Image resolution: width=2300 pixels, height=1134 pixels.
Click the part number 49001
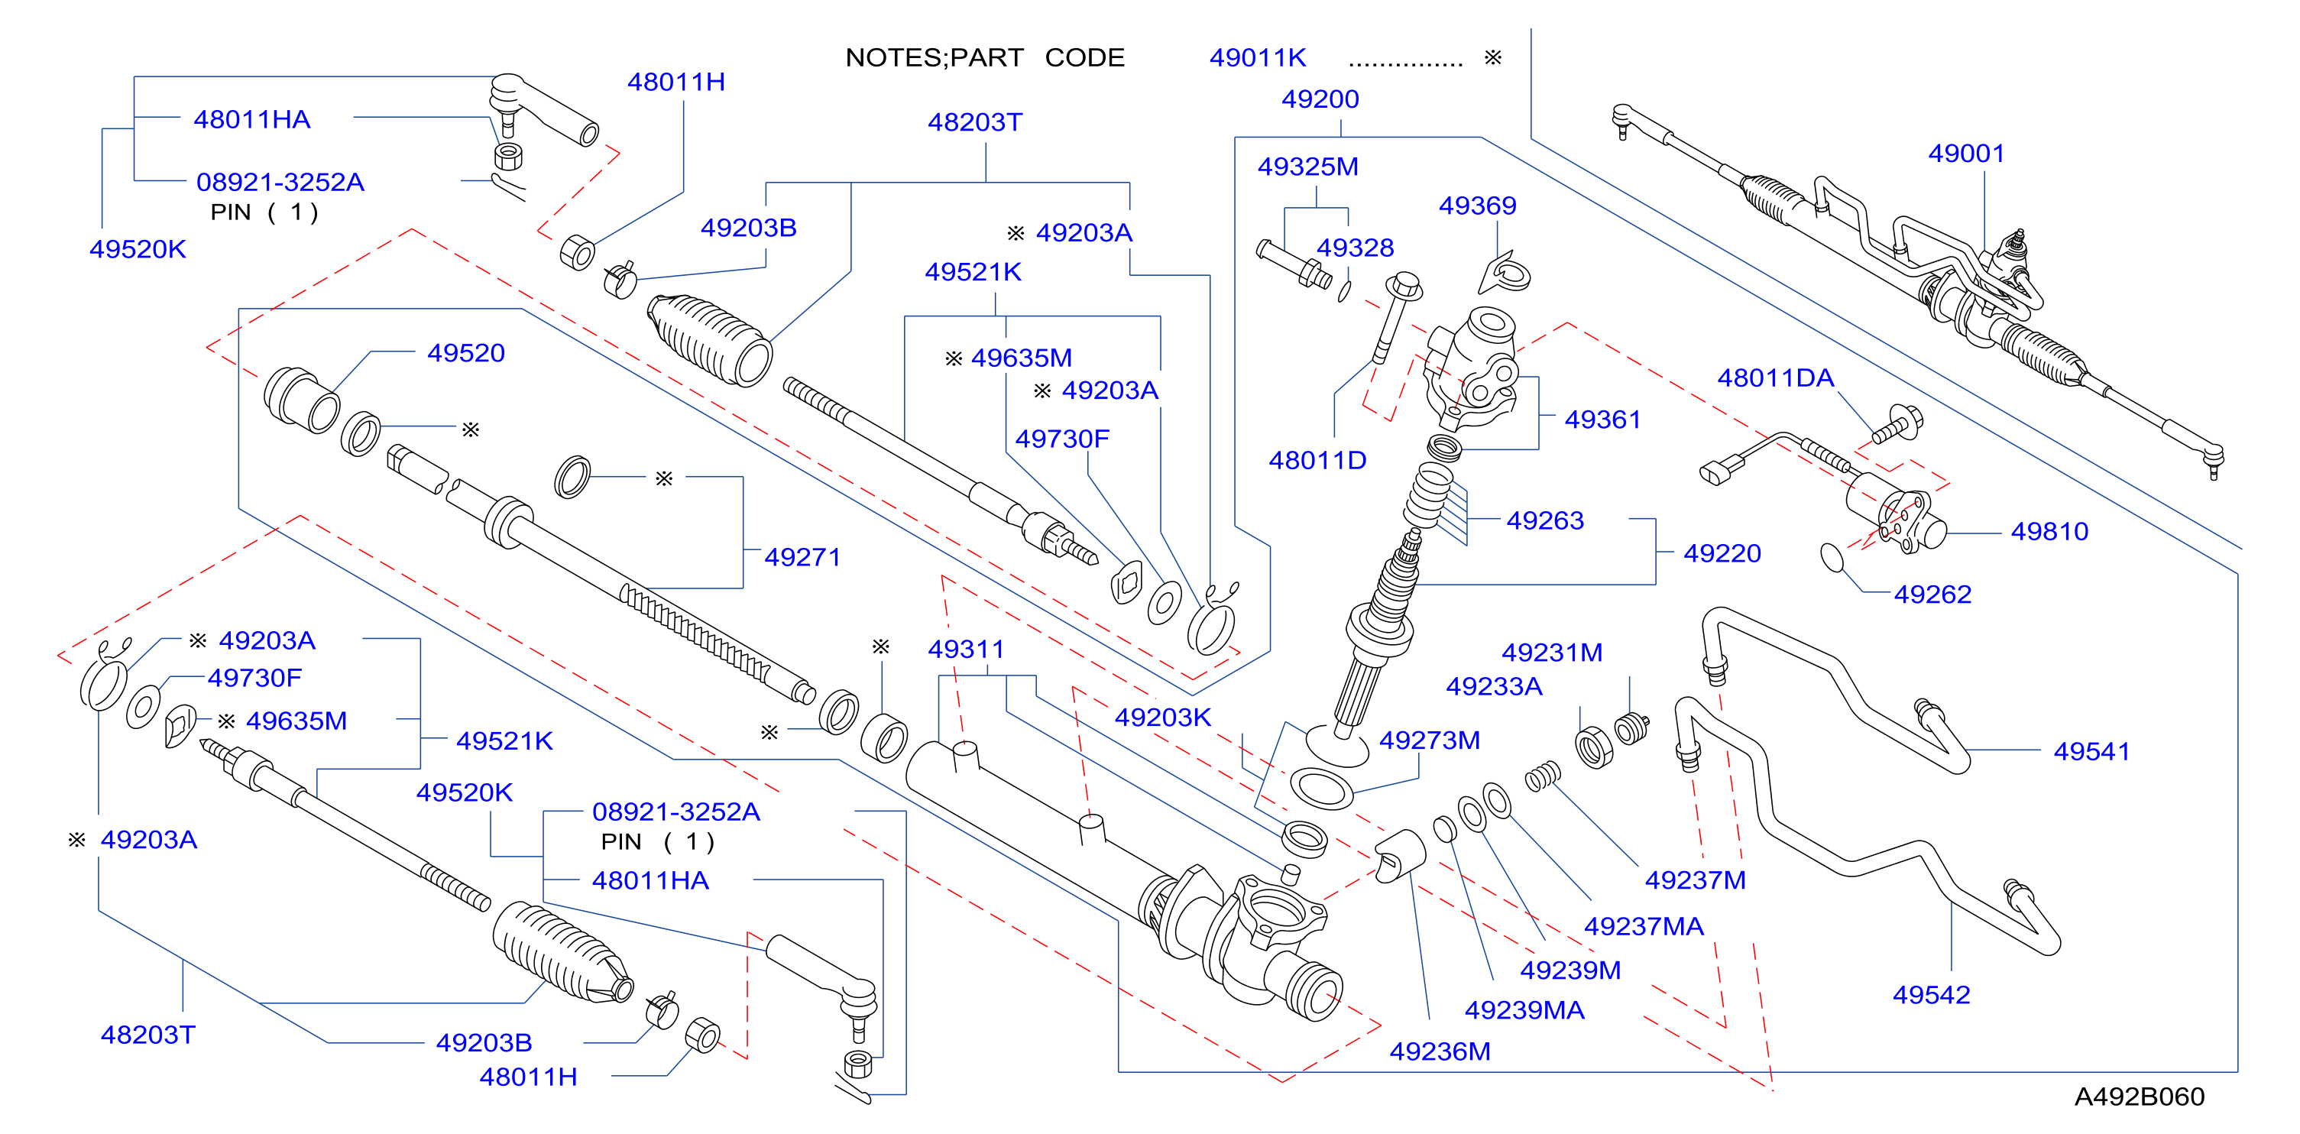[x=1966, y=154]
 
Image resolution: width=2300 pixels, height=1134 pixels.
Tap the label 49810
[x=2049, y=531]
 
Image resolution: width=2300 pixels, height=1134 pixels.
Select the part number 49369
[x=1478, y=206]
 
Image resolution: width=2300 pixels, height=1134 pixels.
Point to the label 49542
[x=1931, y=995]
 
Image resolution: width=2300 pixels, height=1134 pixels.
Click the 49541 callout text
[x=2092, y=751]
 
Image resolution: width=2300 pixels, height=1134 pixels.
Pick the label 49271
[x=802, y=557]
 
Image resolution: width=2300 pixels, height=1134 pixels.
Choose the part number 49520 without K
[x=466, y=353]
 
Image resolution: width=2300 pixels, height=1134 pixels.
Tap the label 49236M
[x=1440, y=1051]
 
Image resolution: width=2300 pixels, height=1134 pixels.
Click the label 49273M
[x=1430, y=740]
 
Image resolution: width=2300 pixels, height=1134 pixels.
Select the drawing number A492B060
[x=2140, y=1097]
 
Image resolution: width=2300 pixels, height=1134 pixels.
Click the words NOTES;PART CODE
[x=985, y=58]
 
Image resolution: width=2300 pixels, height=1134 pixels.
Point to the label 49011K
[x=1258, y=58]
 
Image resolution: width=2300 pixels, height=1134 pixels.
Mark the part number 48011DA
[x=1776, y=377]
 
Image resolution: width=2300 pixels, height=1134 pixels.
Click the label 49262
[x=1933, y=594]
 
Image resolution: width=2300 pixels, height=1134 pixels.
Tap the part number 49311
[x=966, y=650]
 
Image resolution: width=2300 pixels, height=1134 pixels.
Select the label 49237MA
[x=1644, y=926]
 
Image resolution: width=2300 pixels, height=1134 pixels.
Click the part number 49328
[x=1356, y=248]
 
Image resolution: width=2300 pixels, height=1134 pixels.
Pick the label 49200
[x=1320, y=99]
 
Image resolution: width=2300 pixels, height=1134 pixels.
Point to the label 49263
[x=1546, y=520]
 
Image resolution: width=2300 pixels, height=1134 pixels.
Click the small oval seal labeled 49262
[x=1832, y=557]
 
